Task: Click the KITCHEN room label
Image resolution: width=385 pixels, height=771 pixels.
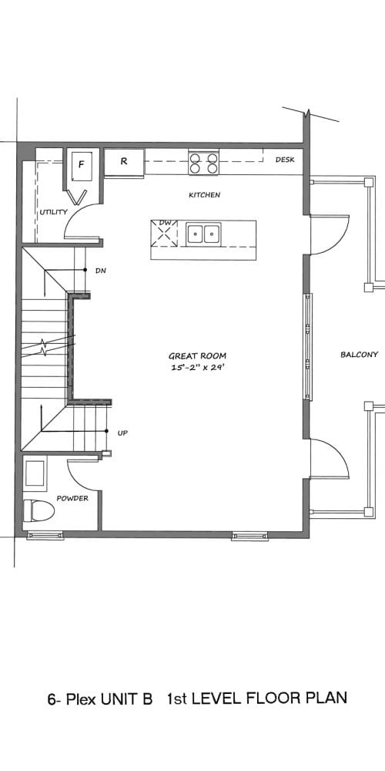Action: (x=204, y=195)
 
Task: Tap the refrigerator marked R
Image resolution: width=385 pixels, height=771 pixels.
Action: (x=124, y=162)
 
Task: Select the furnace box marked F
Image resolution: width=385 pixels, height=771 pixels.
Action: (x=82, y=167)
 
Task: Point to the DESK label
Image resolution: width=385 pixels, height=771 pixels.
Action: (x=285, y=160)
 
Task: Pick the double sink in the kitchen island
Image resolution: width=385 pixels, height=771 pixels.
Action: (x=203, y=233)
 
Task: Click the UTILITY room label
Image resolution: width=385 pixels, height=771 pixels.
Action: (x=54, y=212)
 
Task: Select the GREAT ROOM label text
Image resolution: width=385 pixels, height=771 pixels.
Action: (x=198, y=356)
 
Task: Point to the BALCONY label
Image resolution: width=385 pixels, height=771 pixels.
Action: (x=360, y=355)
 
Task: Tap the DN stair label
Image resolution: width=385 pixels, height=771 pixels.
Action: (x=101, y=271)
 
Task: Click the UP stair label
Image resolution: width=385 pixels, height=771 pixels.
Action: (x=122, y=433)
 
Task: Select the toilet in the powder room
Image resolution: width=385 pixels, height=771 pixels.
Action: (x=38, y=510)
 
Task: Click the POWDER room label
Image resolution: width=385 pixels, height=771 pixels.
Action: (x=72, y=498)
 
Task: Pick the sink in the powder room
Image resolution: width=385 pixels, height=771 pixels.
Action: (x=35, y=473)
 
